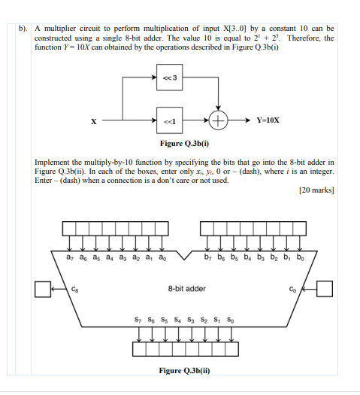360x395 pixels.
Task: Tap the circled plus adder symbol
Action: tap(219, 119)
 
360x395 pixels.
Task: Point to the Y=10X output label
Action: tap(268, 119)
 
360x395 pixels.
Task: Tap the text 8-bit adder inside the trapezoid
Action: tap(186, 288)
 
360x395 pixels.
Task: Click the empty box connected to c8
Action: tap(44, 288)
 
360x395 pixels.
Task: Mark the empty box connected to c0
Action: tap(324, 288)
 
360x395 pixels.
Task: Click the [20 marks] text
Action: tap(316, 190)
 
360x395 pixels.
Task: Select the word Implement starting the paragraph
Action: tap(55, 162)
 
